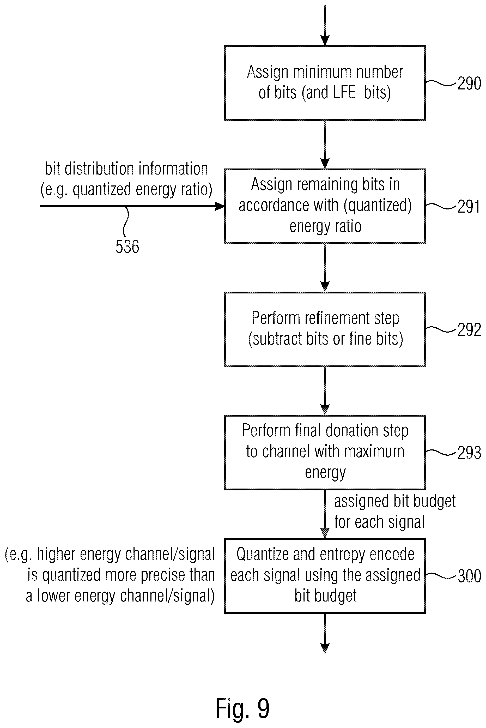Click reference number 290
tap(469, 83)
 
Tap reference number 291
tap(469, 207)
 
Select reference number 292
tap(469, 330)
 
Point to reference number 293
tap(469, 453)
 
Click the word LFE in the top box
tap(344, 92)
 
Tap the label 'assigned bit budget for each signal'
tap(394, 512)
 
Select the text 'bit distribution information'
tap(126, 169)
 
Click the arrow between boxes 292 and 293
tap(325, 391)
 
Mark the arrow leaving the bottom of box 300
tap(325, 633)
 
